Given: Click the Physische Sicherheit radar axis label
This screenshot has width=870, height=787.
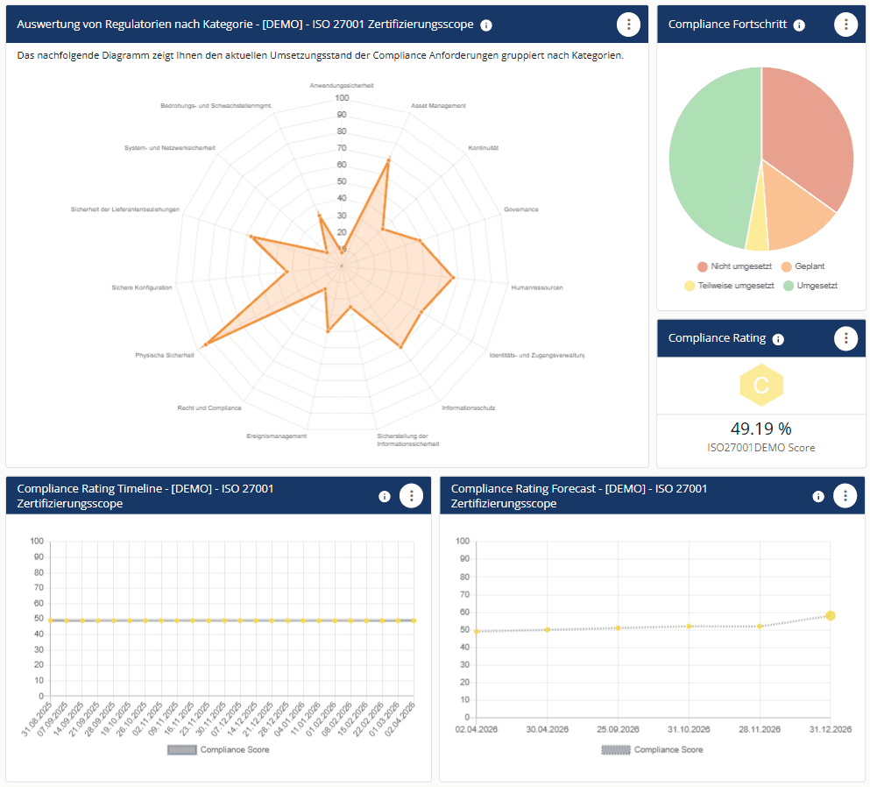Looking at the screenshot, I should coord(164,355).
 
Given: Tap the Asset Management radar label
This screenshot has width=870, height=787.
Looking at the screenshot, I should coord(438,106).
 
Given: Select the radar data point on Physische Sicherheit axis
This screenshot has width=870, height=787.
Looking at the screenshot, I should coord(206,344).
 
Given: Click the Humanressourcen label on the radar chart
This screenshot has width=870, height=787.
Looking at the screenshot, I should coord(536,287).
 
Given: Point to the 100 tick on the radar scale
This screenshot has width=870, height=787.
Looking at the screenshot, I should coord(342,98).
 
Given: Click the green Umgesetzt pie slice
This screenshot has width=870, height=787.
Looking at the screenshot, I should coord(710,158).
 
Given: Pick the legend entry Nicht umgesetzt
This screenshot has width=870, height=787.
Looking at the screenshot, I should coord(734,266).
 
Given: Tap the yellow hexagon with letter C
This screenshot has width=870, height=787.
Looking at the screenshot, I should coord(760,385).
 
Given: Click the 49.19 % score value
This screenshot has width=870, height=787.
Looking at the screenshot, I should coord(760,429).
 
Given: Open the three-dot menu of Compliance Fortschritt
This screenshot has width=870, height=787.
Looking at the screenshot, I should coord(845,25).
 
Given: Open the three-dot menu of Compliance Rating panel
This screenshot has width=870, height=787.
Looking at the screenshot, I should coord(845,337).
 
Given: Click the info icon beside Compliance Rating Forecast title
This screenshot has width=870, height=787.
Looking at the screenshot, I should coord(818,496).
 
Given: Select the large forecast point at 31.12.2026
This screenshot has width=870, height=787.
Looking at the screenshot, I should coord(830,616).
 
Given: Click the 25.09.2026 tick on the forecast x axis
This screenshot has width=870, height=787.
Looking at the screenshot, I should coord(618,728).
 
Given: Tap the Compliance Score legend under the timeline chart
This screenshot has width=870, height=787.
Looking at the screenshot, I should coord(218,749).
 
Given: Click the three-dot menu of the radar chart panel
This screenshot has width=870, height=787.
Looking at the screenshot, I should coord(627,25).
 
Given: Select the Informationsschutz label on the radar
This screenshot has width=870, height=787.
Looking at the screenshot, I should coord(469,408).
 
